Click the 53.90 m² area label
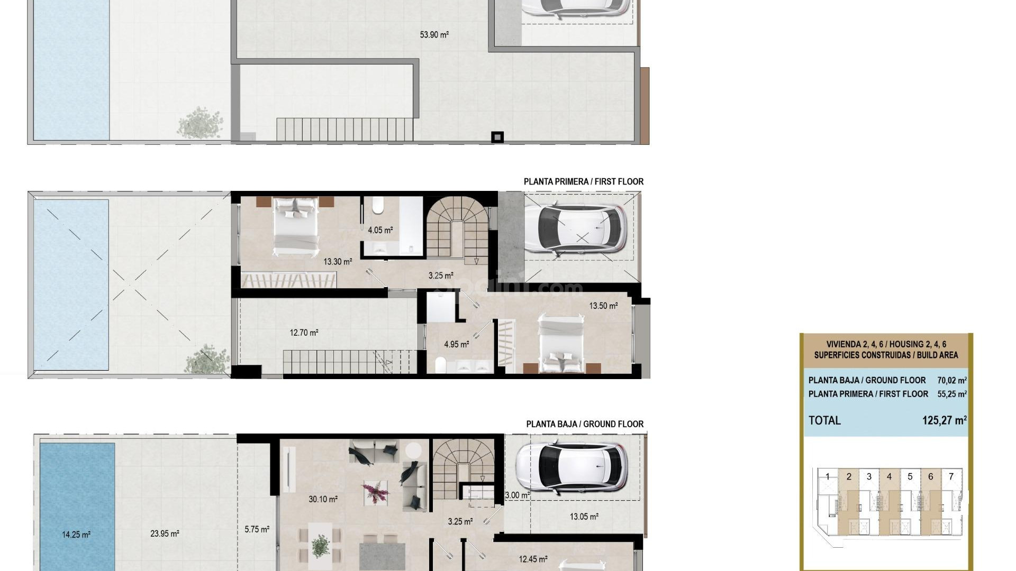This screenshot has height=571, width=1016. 434,35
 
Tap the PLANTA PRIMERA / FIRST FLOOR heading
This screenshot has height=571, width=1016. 583,181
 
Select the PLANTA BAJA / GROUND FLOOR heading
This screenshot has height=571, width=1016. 585,424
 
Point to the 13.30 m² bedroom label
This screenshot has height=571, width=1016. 338,261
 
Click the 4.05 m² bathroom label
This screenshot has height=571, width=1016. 380,230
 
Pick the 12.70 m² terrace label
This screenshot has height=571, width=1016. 304,333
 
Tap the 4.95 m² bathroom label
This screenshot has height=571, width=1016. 456,344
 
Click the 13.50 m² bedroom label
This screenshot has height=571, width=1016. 603,306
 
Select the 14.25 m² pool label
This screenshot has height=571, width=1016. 76,535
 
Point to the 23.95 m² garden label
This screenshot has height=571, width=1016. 164,533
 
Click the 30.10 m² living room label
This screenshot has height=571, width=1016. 323,499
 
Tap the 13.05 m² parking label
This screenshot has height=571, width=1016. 584,517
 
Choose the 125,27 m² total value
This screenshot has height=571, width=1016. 944,420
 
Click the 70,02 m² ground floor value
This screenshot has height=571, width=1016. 951,380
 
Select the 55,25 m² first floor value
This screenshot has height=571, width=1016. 951,394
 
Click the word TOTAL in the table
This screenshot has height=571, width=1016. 824,420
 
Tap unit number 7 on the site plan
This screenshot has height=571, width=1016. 951,476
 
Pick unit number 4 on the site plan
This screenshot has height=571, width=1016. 889,476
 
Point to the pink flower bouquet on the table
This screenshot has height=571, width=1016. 376,492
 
